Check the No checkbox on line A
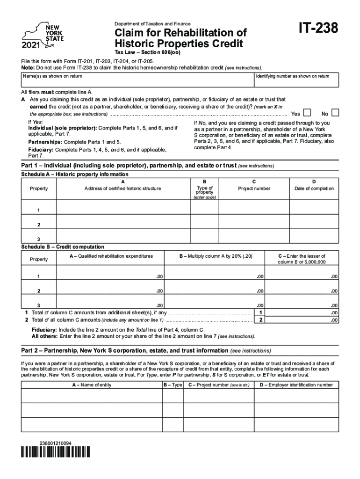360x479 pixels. click(x=335, y=113)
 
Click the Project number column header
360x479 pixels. click(x=254, y=189)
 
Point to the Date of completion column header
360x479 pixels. click(x=314, y=189)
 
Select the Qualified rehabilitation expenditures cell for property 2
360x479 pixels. click(x=110, y=290)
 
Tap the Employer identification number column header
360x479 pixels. click(x=296, y=385)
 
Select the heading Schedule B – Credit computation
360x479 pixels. click(x=63, y=247)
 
